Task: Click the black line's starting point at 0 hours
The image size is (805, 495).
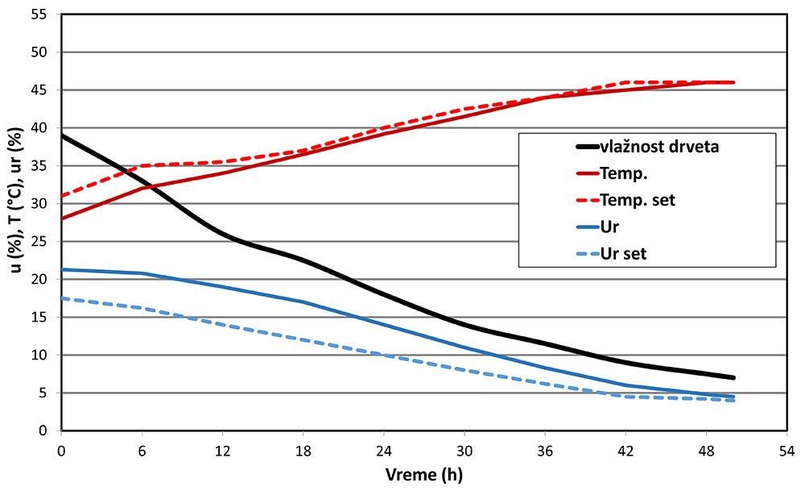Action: tap(62, 135)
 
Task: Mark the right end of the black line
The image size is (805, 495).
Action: tap(734, 377)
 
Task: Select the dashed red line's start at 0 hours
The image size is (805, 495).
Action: tap(62, 196)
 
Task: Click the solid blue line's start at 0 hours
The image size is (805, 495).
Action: tap(62, 269)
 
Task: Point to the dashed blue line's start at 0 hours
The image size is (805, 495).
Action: tap(62, 298)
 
